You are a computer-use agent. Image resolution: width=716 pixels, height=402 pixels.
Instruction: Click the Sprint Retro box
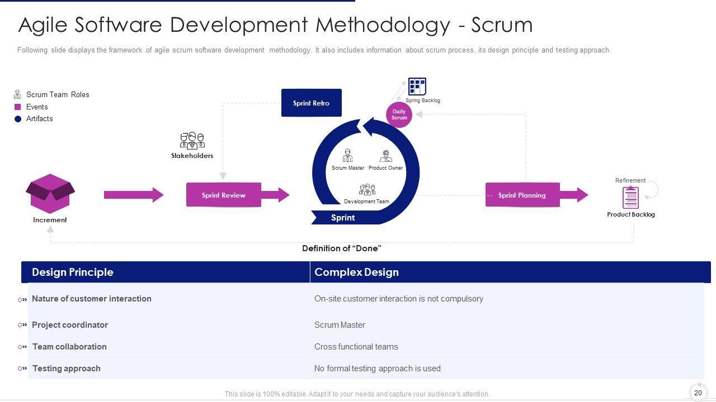click(x=311, y=103)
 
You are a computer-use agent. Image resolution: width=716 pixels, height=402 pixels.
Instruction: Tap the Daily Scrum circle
click(x=399, y=114)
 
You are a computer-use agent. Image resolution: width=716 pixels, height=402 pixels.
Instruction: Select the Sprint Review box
click(x=224, y=195)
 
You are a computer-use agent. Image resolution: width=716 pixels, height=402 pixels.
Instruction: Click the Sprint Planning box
click(x=522, y=195)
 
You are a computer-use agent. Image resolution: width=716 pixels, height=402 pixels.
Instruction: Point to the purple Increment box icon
click(x=50, y=193)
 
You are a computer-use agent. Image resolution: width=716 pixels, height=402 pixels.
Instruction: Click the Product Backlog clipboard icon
click(x=630, y=197)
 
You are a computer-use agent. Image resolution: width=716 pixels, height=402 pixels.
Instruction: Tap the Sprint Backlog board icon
click(x=417, y=87)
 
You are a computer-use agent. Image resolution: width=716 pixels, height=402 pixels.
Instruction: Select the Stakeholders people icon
click(x=192, y=140)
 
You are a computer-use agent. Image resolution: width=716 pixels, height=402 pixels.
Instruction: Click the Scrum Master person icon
click(x=347, y=155)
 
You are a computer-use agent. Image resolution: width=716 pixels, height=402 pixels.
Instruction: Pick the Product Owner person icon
click(x=386, y=156)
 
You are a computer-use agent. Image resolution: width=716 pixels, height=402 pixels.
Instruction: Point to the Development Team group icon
click(x=367, y=190)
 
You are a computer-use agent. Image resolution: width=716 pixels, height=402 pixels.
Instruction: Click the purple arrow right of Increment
click(x=134, y=195)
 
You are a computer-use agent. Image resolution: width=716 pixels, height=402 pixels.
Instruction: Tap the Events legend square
click(x=18, y=107)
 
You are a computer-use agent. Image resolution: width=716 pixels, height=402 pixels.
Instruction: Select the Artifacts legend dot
click(x=18, y=119)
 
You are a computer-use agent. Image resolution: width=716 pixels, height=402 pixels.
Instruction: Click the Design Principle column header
click(x=73, y=272)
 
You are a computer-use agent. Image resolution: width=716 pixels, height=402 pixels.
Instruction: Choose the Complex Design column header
click(x=356, y=272)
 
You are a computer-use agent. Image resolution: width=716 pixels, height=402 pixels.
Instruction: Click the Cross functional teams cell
click(x=356, y=347)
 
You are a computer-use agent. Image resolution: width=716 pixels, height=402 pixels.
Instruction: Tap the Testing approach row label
click(x=67, y=368)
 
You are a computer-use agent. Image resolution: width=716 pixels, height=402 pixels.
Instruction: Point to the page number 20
click(x=698, y=393)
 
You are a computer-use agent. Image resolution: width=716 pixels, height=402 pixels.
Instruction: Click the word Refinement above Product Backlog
click(x=630, y=180)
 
